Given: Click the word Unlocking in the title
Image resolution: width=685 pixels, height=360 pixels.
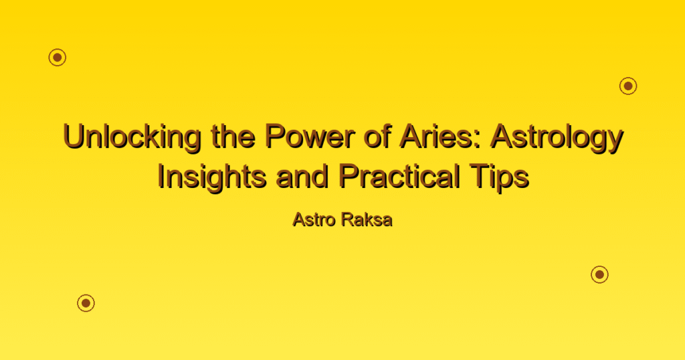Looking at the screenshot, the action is [132, 137].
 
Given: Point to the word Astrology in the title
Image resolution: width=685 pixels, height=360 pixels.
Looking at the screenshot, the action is [557, 137].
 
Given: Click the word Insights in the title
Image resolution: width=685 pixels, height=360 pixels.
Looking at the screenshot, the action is [212, 177].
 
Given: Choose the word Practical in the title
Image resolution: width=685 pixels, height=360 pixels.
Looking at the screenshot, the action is [399, 176].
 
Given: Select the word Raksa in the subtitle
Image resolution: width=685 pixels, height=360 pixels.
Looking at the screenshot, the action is [367, 219].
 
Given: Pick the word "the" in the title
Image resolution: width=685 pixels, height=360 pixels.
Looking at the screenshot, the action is [233, 136].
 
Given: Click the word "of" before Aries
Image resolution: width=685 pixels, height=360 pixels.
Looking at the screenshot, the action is [377, 136].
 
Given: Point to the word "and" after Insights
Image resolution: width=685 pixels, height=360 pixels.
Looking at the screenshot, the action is [302, 176].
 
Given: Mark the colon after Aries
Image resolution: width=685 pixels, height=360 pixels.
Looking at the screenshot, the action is [480, 141].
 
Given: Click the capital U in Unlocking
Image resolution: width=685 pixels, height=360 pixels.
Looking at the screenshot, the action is [74, 137].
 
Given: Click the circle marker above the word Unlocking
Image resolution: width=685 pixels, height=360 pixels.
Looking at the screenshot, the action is [58, 58].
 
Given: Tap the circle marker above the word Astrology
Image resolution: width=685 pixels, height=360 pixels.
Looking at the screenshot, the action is [628, 86].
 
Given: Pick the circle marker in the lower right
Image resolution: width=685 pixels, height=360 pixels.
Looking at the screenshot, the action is [600, 274].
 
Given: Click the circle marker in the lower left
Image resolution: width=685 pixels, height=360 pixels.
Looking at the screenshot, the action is [86, 302].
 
